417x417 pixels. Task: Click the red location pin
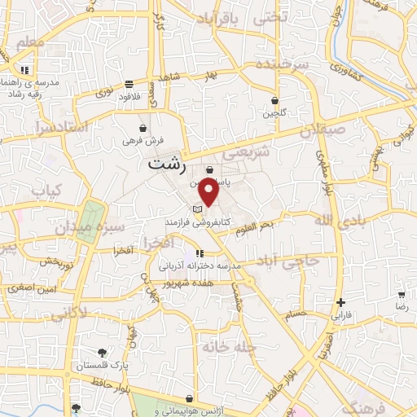pos(209,192)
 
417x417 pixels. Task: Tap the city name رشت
pos(168,165)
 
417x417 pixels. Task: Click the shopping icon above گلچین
pos(274,101)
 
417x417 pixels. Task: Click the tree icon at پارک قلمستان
pos(102,353)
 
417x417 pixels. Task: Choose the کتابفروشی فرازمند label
pos(232,222)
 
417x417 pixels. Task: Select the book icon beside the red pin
pos(197,210)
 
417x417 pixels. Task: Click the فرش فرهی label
pos(143,140)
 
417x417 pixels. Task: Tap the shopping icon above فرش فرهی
pos(143,128)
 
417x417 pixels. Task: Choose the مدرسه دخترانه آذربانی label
pos(197,266)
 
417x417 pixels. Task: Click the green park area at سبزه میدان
pos(90,213)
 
